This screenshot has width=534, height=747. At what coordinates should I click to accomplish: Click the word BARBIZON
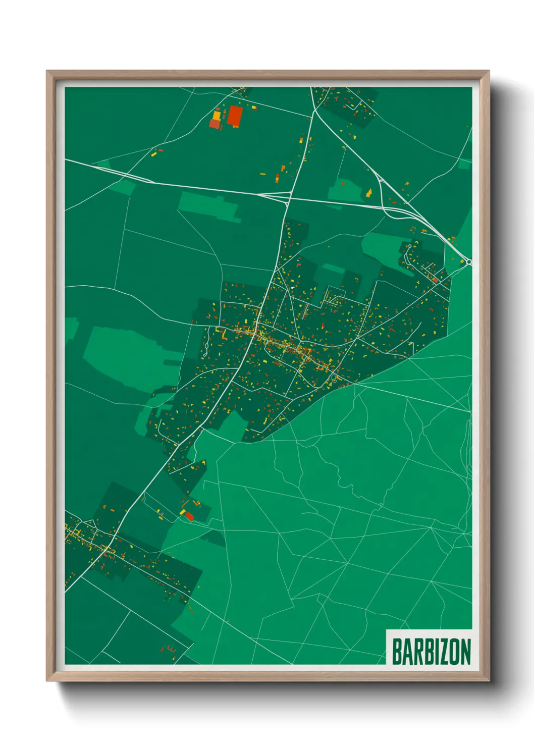(x=431, y=652)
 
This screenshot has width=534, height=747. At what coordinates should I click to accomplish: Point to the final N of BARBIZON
(x=465, y=652)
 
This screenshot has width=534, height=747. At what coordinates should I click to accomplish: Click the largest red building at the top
(x=234, y=116)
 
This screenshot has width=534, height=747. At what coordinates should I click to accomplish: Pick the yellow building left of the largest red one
(x=217, y=115)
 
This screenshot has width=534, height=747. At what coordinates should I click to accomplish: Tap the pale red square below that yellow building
(x=215, y=124)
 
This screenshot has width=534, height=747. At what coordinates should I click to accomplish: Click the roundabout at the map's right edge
(x=469, y=261)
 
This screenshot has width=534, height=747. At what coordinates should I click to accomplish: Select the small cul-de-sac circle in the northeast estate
(x=410, y=246)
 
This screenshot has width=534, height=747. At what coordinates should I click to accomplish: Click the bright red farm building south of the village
(x=189, y=516)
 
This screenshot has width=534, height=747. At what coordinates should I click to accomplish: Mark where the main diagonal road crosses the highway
(x=288, y=197)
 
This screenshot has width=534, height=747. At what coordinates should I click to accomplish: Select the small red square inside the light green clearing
(x=343, y=184)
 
